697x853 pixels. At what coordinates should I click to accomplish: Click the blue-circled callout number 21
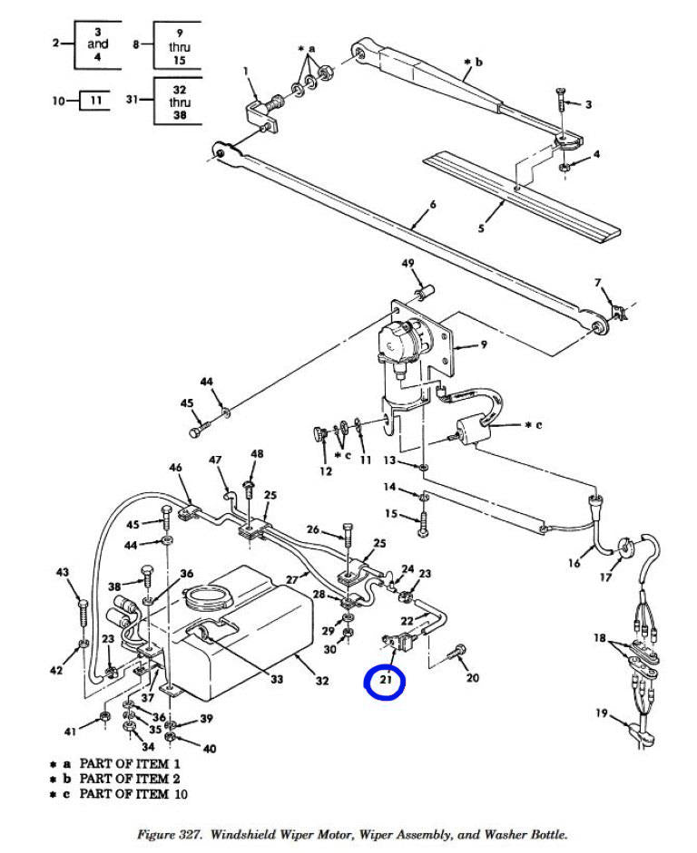tap(388, 680)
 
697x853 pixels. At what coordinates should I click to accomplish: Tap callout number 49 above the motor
tap(407, 264)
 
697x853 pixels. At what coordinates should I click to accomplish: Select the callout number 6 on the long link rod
tap(433, 205)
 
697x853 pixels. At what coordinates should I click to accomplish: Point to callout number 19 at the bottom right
tap(601, 713)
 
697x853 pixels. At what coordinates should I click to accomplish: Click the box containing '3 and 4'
tap(98, 44)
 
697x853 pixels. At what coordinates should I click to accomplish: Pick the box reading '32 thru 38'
tap(179, 102)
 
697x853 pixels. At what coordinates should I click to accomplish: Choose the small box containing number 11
tap(94, 101)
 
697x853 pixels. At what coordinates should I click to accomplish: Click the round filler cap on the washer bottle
tap(204, 597)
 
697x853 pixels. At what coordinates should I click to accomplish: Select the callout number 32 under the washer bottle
tap(321, 681)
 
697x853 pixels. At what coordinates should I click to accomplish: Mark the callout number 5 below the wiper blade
tap(481, 228)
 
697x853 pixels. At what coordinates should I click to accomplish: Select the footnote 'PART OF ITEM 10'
tap(123, 795)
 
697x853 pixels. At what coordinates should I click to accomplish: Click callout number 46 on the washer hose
tap(175, 468)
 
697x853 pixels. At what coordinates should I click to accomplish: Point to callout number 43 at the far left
tap(62, 572)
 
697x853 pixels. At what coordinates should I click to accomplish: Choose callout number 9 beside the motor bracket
tap(484, 344)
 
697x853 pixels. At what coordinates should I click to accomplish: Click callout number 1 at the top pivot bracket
tap(245, 70)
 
